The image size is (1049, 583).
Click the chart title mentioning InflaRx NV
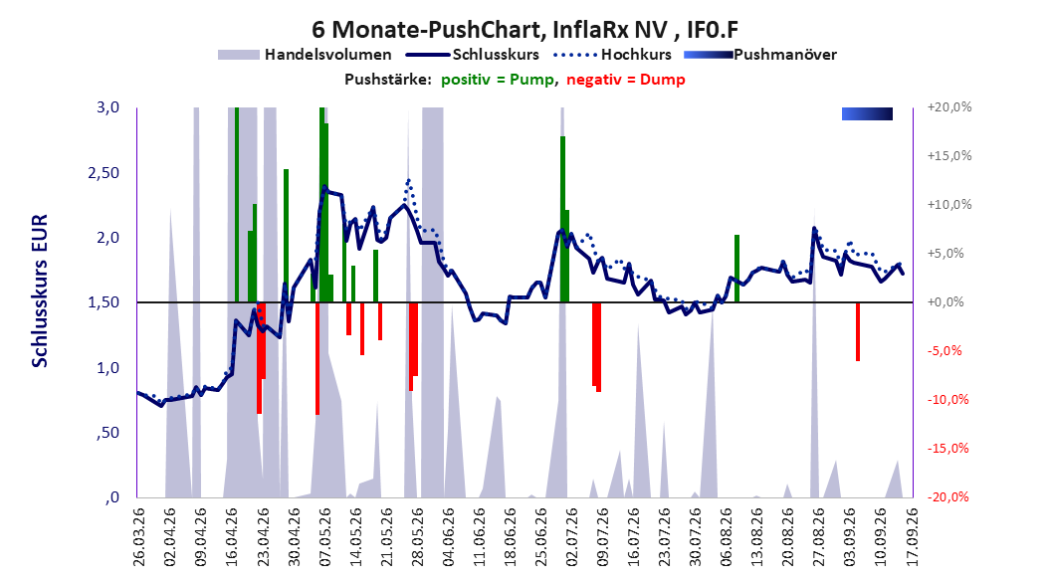525,30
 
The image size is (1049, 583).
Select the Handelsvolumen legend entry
305,55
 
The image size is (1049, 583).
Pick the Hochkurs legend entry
613,55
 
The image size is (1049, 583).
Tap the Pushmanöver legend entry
760,55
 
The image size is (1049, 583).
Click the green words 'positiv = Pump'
498,80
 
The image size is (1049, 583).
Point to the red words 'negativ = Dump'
626,80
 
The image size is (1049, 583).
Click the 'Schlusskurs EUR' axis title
40,291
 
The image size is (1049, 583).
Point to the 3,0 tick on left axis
107,107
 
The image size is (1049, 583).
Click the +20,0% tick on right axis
949,107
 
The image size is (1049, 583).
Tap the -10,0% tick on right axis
947,400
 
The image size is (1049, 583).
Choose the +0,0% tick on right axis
945,302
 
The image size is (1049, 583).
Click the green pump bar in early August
736,269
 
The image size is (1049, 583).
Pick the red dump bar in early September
858,331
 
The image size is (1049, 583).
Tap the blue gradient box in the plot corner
867,113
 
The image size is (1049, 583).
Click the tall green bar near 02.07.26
562,219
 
